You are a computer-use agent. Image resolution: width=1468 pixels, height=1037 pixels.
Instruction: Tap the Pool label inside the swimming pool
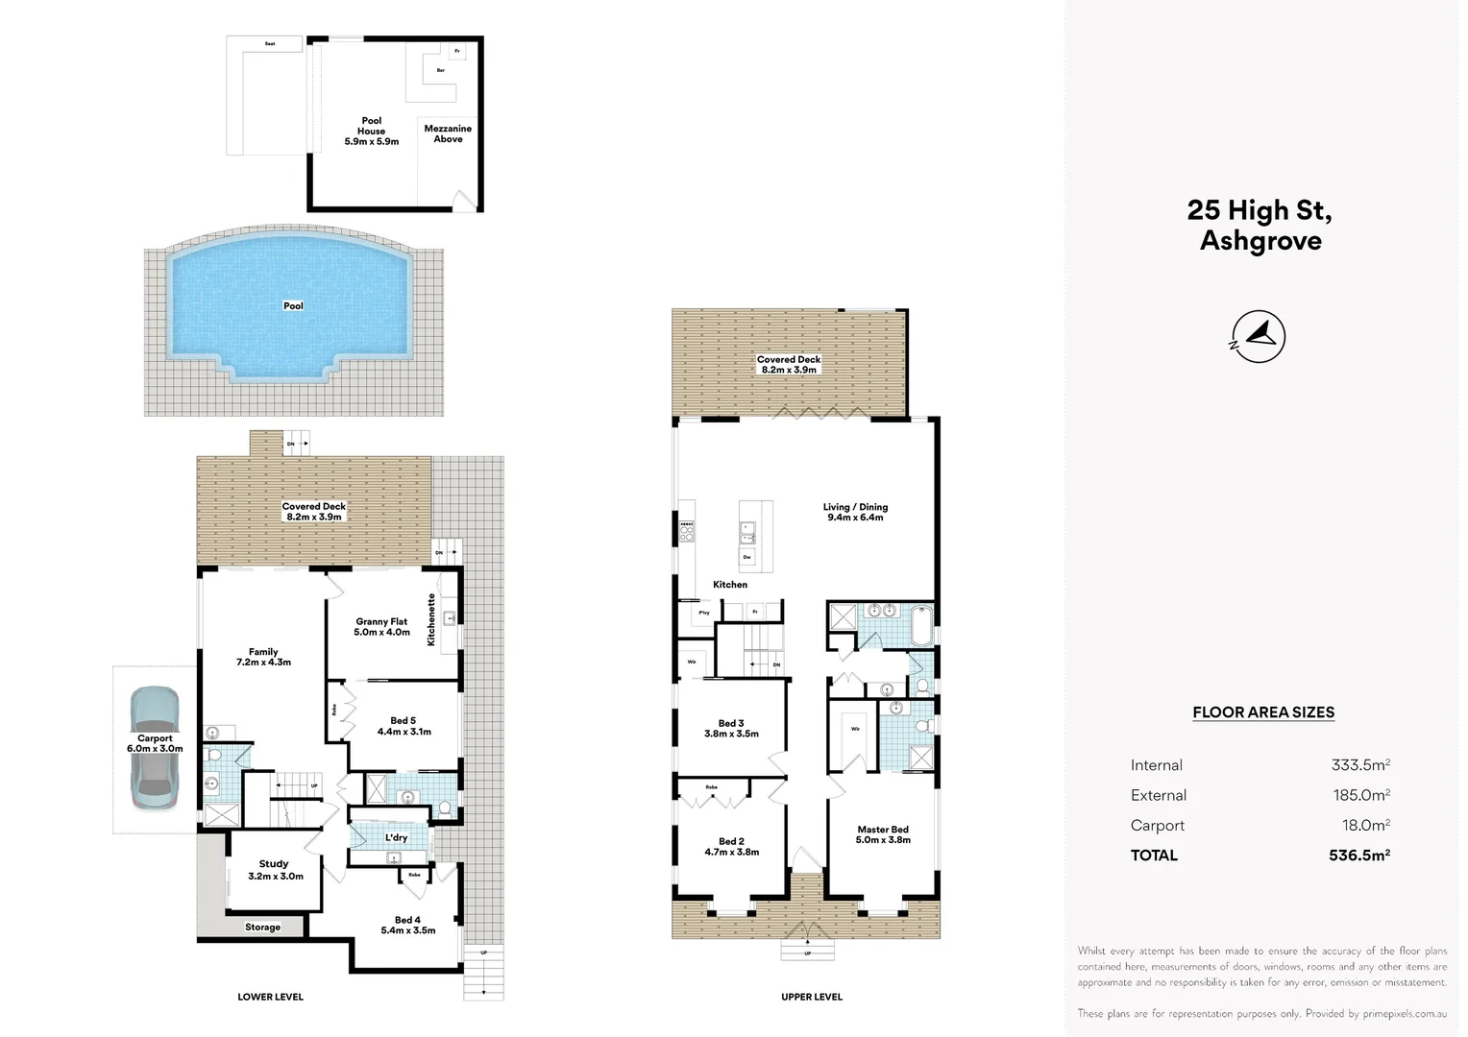coord(293,306)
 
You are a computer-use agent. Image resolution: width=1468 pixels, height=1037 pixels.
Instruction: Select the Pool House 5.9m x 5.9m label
coord(371,132)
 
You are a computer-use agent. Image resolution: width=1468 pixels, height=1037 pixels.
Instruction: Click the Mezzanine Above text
coord(448,133)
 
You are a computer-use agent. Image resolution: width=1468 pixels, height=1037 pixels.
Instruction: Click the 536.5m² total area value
coord(1359,855)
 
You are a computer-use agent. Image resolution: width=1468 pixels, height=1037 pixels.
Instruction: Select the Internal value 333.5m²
coord(1360,765)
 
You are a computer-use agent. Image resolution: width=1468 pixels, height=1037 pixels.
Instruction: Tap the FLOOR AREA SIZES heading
coord(1263,712)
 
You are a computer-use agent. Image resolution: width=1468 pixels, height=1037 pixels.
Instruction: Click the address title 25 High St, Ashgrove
coord(1260,225)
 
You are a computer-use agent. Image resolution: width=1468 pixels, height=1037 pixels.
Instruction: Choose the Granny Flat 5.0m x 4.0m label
coord(381,627)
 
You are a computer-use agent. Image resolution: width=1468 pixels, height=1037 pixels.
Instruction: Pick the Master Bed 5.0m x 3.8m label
coord(883,834)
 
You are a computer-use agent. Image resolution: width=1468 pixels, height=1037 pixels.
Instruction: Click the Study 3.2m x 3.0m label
coord(275,870)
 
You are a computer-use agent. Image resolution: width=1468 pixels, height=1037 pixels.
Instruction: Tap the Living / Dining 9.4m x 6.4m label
coord(855,512)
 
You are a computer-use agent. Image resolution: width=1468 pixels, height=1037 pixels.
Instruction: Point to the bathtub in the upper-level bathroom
coord(922,626)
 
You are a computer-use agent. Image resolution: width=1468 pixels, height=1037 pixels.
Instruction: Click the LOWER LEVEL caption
coord(270,997)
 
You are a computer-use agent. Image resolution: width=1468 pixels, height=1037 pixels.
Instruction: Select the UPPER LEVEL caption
coord(812,997)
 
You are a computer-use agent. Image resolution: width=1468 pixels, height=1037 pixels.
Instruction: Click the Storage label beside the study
coord(262,928)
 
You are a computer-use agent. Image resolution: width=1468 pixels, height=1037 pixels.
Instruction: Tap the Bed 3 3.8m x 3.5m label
coord(731,729)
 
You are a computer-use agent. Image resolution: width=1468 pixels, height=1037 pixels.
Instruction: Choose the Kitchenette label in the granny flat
coord(431,619)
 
